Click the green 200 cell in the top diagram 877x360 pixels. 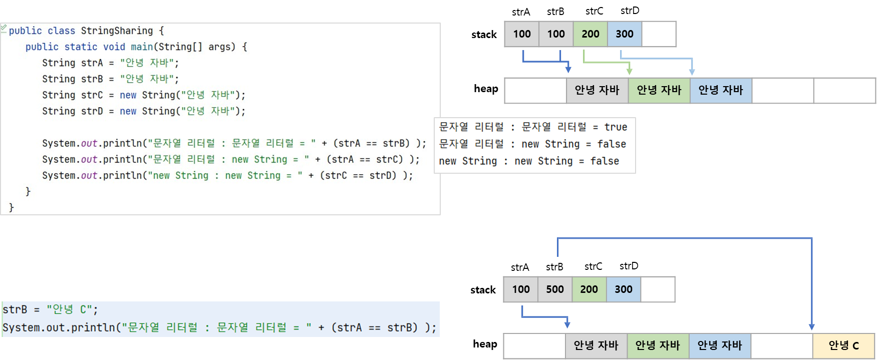tap(591, 34)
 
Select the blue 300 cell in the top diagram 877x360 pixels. tap(625, 34)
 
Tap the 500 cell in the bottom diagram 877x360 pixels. tap(555, 289)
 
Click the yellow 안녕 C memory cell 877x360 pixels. tap(843, 345)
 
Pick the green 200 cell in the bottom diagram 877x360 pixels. tap(589, 289)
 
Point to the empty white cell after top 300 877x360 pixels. tap(659, 34)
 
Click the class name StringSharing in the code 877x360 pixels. tap(117, 31)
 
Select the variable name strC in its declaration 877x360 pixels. tap(92, 95)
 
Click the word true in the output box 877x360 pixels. tap(616, 127)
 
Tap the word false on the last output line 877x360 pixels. tap(605, 161)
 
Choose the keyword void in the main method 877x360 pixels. tap(114, 47)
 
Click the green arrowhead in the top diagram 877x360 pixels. tap(630, 71)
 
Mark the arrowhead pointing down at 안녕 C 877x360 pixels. tap(811, 326)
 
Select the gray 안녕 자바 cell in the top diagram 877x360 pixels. tap(597, 90)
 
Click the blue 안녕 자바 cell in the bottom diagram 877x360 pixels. tap(720, 345)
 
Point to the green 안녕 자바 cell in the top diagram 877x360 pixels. tap(659, 90)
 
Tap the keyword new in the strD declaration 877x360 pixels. tap(128, 111)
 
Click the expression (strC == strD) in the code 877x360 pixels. tap(358, 176)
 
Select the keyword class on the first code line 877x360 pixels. tap(61, 31)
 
